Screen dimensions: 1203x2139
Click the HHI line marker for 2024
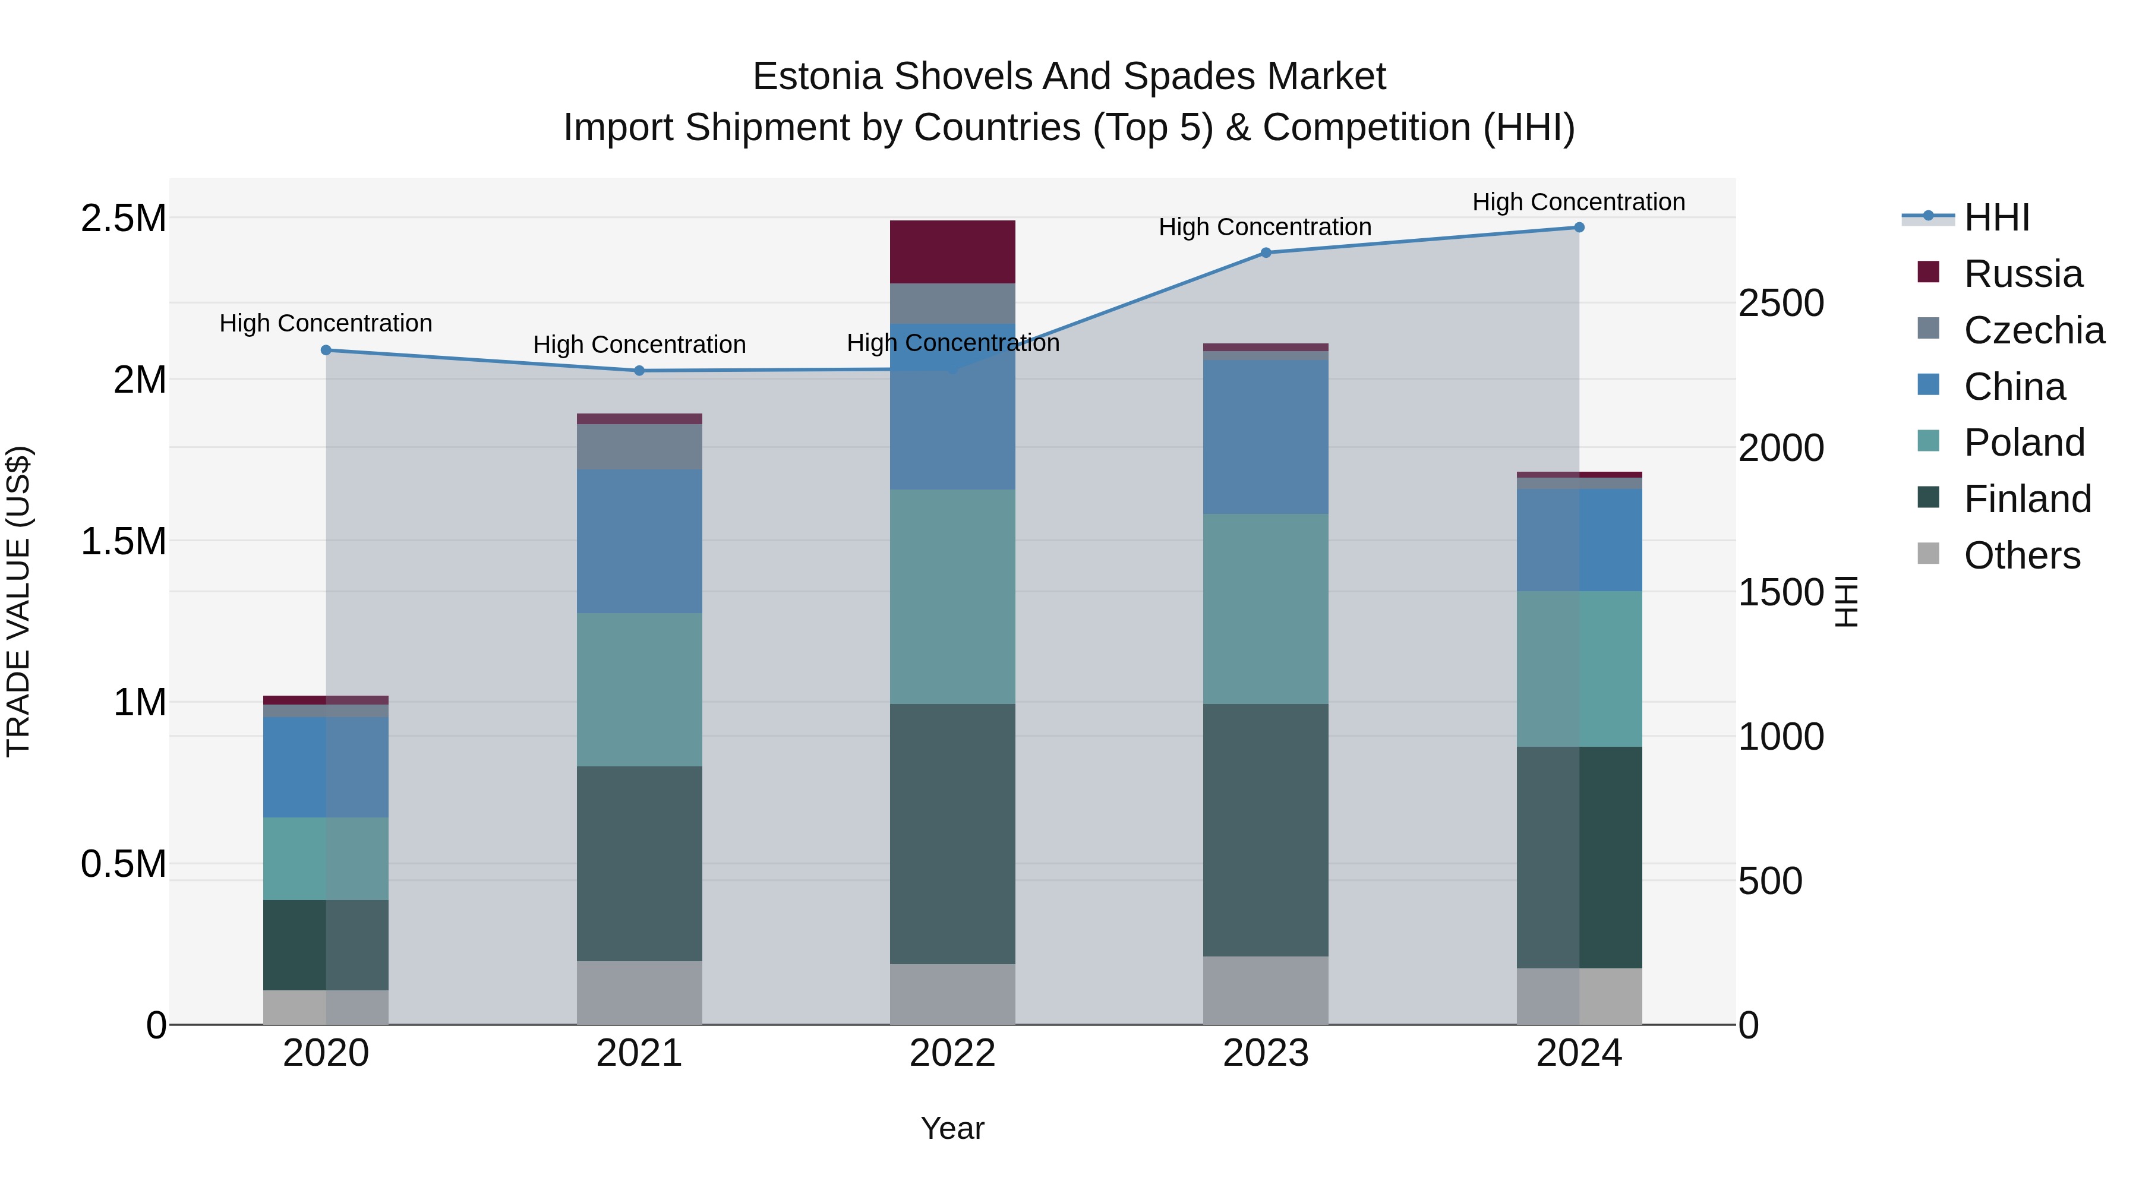pos(1579,228)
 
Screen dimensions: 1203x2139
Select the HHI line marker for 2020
pos(326,351)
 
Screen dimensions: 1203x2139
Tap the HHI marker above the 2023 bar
pos(1266,252)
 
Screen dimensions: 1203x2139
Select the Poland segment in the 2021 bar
pos(639,689)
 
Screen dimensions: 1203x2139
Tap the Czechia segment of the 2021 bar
pos(639,447)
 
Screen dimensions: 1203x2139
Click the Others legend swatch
pos(1928,554)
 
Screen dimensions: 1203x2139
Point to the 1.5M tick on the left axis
pos(124,541)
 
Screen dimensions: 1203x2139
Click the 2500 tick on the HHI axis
pos(1781,303)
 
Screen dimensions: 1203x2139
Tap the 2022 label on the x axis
pos(952,1053)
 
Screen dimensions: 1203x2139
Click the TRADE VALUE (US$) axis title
pos(18,601)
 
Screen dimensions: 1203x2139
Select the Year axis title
pos(952,1128)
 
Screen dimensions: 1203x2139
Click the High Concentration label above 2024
pos(1579,202)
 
